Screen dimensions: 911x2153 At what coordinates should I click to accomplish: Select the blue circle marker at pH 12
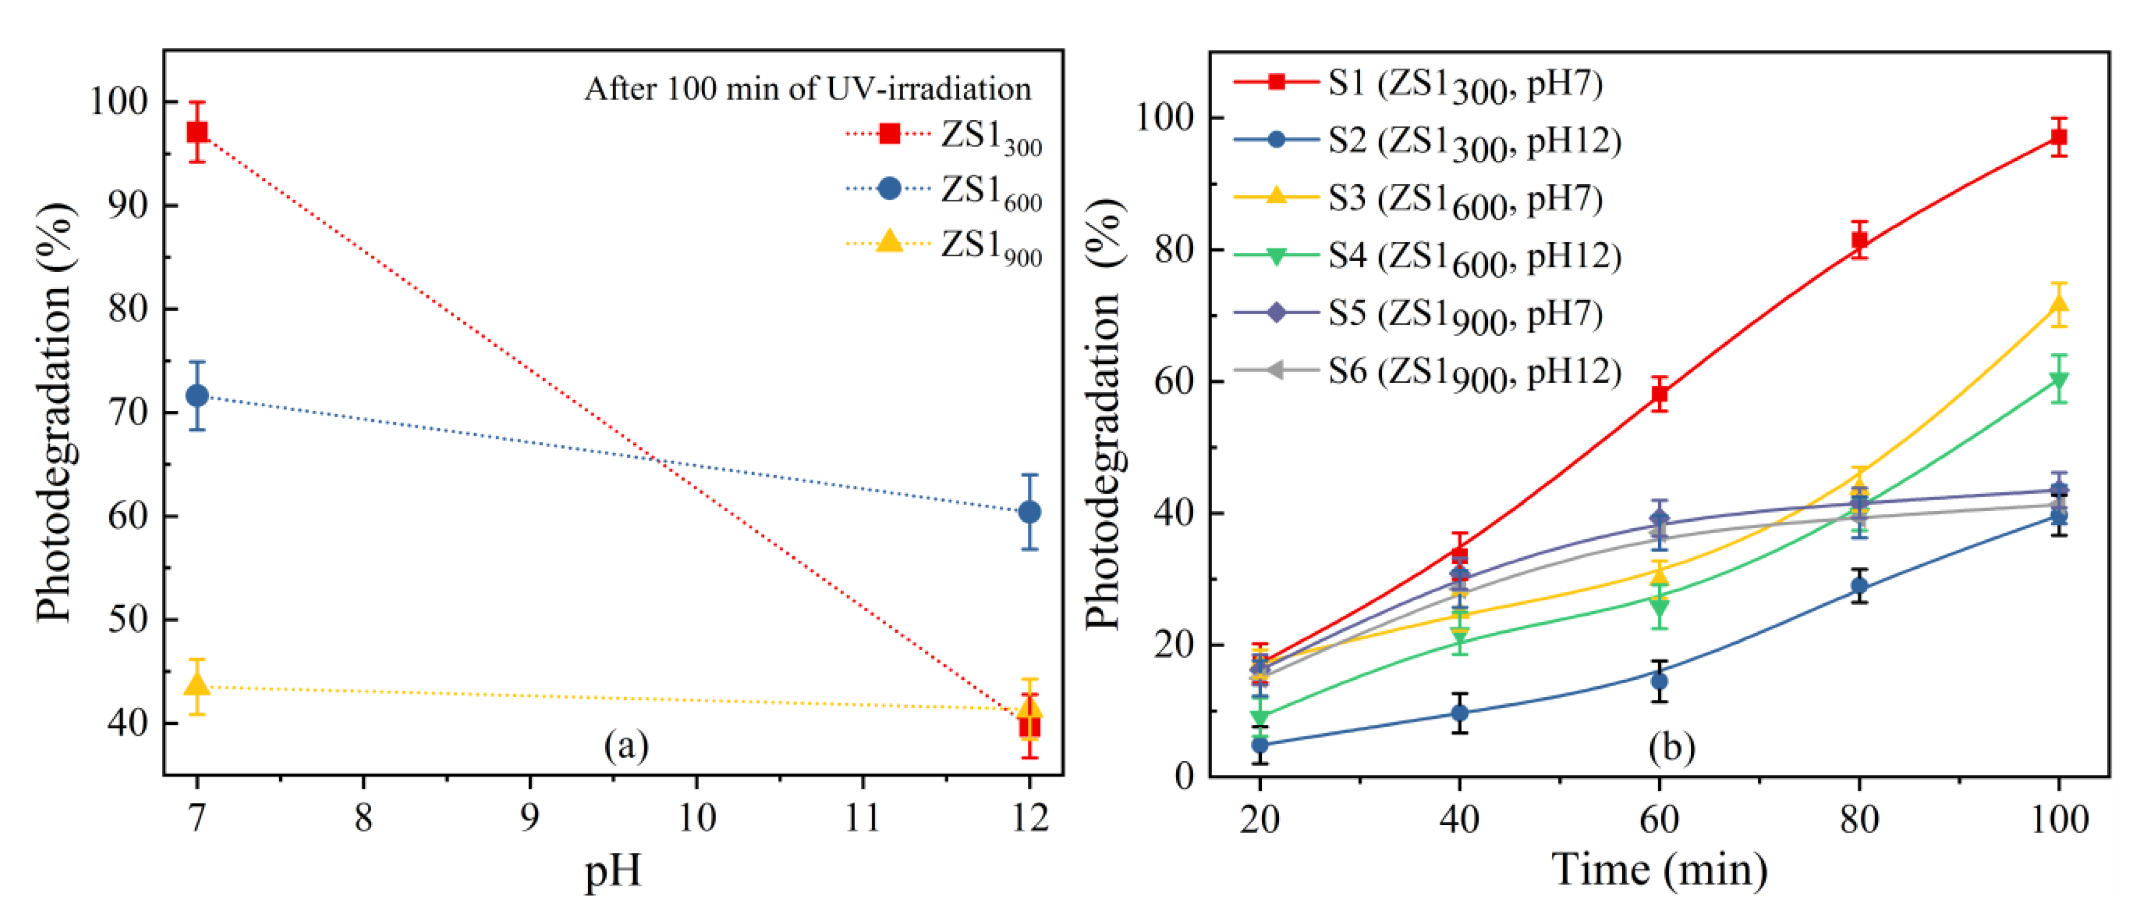coord(1030,512)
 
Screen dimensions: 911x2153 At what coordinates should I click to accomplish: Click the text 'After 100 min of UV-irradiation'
coord(808,89)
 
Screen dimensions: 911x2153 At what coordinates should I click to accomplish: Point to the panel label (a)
coord(626,744)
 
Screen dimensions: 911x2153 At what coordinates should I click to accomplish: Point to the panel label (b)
coord(1671,746)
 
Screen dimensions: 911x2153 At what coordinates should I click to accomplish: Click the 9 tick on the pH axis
coord(530,817)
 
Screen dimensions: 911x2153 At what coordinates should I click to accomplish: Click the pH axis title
coord(613,871)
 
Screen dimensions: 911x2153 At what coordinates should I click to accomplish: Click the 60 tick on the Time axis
coord(1659,819)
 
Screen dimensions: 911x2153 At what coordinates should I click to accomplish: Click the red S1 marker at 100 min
coord(2059,137)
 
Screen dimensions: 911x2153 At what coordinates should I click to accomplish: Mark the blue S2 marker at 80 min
coord(1859,586)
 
